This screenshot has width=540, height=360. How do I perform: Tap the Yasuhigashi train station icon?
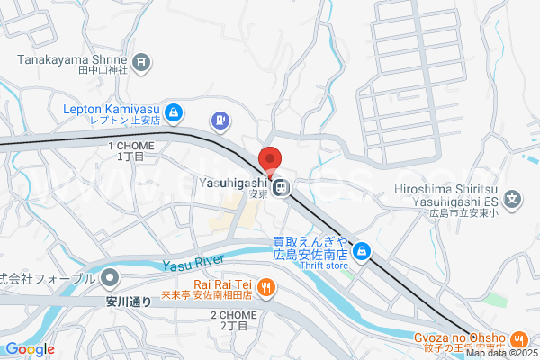pos(282,188)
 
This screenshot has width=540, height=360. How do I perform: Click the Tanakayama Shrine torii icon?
pos(141,62)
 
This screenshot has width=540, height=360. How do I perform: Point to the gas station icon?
pos(219,120)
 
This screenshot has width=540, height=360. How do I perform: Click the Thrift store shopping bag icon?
pos(362,251)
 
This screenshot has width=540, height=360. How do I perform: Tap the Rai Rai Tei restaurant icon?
pos(265,287)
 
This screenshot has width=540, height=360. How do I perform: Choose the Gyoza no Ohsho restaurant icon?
pos(518,340)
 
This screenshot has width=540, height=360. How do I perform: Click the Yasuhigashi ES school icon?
pos(512,199)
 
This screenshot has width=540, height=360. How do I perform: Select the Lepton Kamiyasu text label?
pos(111,111)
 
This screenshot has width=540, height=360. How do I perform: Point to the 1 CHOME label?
pos(131,150)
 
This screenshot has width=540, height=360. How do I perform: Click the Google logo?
pos(29,349)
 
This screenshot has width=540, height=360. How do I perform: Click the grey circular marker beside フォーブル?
pos(110,276)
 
